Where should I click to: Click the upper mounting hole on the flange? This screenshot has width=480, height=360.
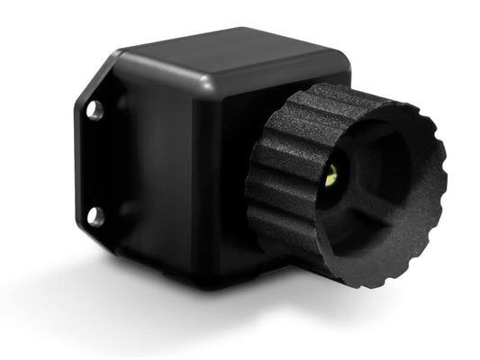click(x=93, y=110)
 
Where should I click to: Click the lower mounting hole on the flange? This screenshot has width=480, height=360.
click(x=95, y=216)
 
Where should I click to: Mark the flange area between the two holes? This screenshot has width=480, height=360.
click(x=94, y=164)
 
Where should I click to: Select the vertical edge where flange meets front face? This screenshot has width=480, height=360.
click(x=117, y=162)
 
